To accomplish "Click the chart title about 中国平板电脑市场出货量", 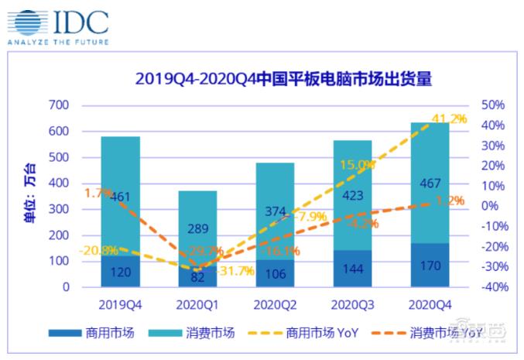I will point(283,80).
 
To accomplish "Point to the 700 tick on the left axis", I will point(60,105).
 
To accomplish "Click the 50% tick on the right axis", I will point(493,105).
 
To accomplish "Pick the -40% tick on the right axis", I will point(493,287).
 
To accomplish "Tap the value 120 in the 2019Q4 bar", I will point(119,273).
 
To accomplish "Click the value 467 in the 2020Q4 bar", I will point(429,183).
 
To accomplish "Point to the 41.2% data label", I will point(450,118).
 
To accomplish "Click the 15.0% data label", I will point(356,165).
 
